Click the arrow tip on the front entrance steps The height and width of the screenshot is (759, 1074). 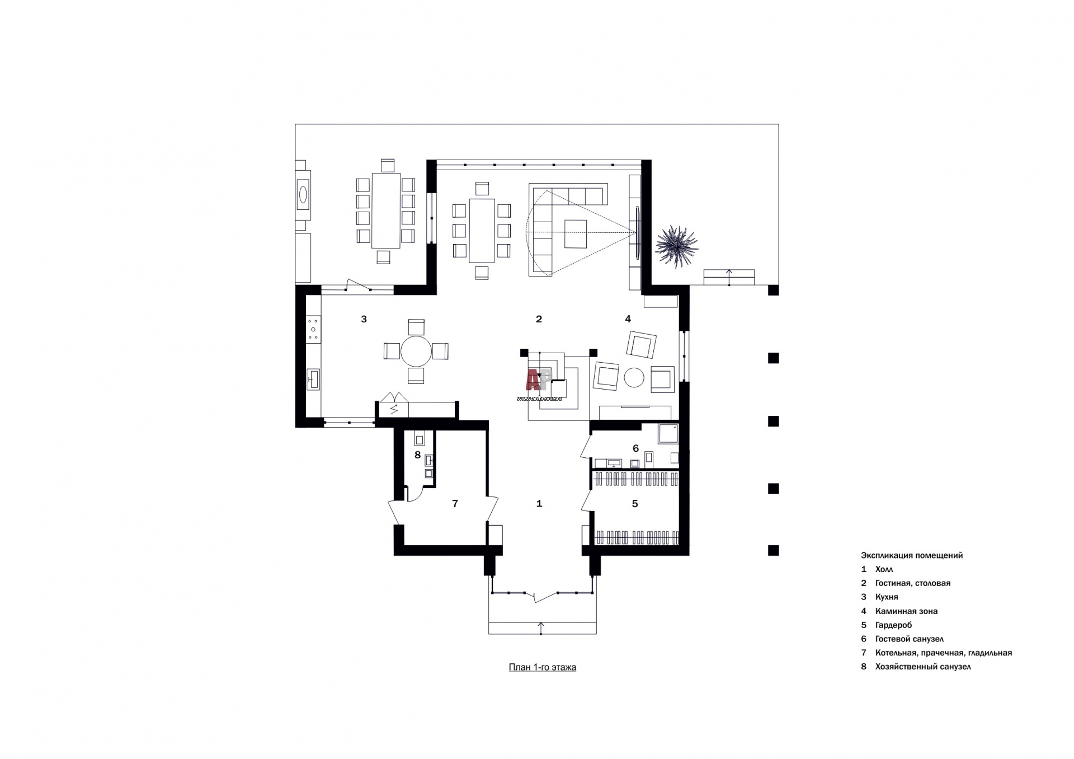pyautogui.click(x=541, y=622)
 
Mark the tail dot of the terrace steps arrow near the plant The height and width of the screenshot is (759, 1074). pyautogui.click(x=729, y=285)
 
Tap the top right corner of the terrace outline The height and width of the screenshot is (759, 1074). pyautogui.click(x=779, y=124)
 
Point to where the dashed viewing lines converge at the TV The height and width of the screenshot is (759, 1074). pyautogui.click(x=635, y=233)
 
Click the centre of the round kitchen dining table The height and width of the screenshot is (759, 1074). pyautogui.click(x=416, y=351)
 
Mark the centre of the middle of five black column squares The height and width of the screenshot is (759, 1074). pyautogui.click(x=773, y=421)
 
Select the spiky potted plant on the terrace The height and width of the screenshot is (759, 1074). pyautogui.click(x=677, y=247)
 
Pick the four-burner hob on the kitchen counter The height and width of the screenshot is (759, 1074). pyautogui.click(x=313, y=329)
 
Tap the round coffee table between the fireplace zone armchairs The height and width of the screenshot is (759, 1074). pyautogui.click(x=634, y=377)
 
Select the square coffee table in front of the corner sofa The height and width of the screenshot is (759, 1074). pyautogui.click(x=576, y=233)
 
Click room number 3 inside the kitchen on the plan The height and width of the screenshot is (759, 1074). pyautogui.click(x=364, y=319)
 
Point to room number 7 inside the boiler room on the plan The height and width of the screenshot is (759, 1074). pyautogui.click(x=455, y=504)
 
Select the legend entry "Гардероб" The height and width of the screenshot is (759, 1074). pyautogui.click(x=893, y=625)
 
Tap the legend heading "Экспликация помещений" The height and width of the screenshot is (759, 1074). pyautogui.click(x=912, y=555)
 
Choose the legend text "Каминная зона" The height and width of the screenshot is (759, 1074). pyautogui.click(x=906, y=611)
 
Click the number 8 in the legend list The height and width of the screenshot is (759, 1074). pyautogui.click(x=864, y=666)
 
